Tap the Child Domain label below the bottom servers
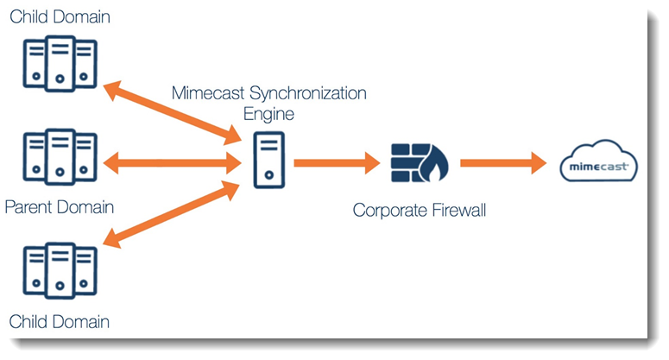tap(60, 322)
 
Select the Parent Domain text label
tap(60, 207)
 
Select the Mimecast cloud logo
tap(598, 162)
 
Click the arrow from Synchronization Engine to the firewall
tap(337, 161)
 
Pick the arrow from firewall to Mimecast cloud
tap(503, 161)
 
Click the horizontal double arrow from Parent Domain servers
tap(171, 161)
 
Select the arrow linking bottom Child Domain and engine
tap(171, 208)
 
